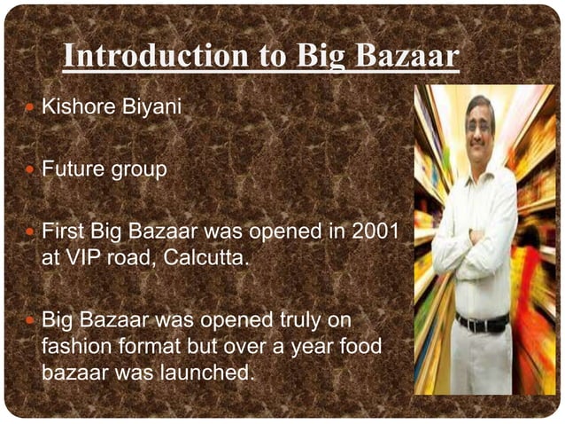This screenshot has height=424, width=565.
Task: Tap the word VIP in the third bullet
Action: pyautogui.click(x=88, y=259)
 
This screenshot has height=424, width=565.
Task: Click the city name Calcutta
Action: pyautogui.click(x=205, y=259)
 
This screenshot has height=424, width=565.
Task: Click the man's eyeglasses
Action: pyautogui.click(x=478, y=127)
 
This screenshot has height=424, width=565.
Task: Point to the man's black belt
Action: pyautogui.click(x=481, y=321)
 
